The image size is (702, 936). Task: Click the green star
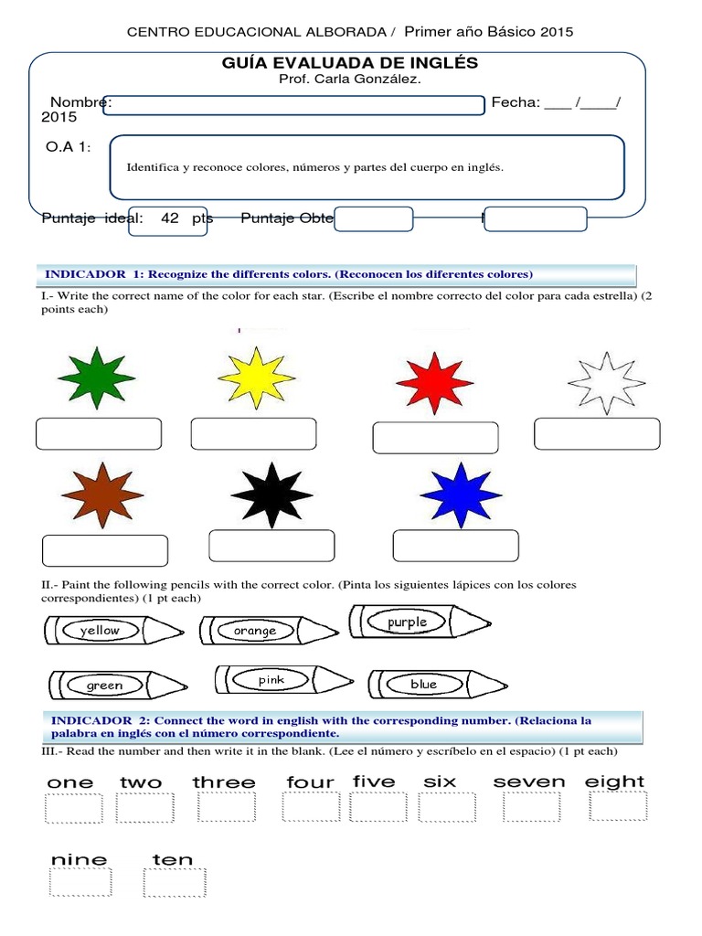(x=97, y=378)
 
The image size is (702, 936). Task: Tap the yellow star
(x=256, y=378)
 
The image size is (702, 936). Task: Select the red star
(x=434, y=381)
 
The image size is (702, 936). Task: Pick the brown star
(x=98, y=494)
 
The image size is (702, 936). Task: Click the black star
(x=271, y=495)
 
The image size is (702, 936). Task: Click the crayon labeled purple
(x=420, y=622)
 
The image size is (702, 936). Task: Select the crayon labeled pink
(x=283, y=680)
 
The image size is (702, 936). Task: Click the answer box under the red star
(x=435, y=438)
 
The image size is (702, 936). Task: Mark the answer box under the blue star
(x=455, y=546)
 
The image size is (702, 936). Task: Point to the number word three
(x=224, y=782)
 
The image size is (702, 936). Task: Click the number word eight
(x=615, y=782)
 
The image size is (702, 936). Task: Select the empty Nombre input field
(x=295, y=105)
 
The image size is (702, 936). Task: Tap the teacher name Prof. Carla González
(x=338, y=79)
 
